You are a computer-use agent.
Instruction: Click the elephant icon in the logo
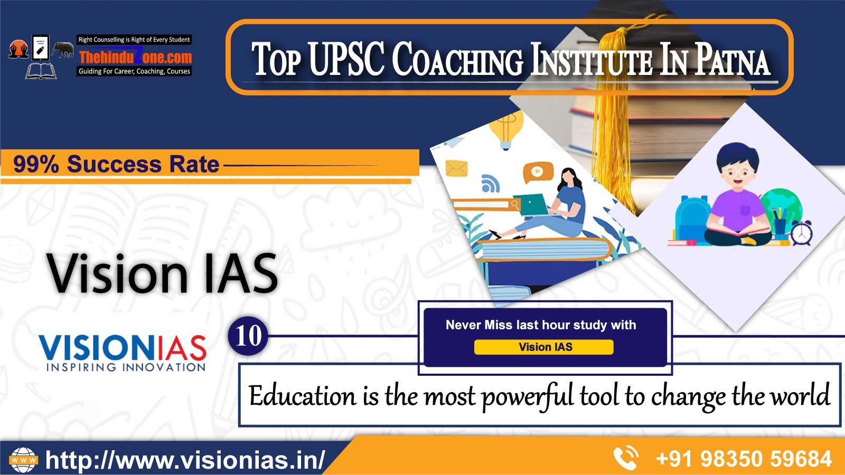pyautogui.click(x=63, y=50)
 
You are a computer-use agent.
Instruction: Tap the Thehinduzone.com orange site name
pyautogui.click(x=135, y=57)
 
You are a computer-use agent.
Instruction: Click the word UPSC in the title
pyautogui.click(x=346, y=59)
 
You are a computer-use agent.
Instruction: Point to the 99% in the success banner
pyautogui.click(x=36, y=165)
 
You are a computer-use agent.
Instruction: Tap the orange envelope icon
pyautogui.click(x=456, y=168)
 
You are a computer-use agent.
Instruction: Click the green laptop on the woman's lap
pyautogui.click(x=530, y=205)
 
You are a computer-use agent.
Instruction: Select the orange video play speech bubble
pyautogui.click(x=538, y=173)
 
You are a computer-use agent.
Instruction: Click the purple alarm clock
pyautogui.click(x=801, y=233)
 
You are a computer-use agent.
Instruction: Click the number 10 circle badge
pyautogui.click(x=248, y=336)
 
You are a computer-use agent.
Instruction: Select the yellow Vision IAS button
pyautogui.click(x=543, y=347)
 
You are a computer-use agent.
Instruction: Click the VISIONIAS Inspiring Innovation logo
pyautogui.click(x=123, y=353)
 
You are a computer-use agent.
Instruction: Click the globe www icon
pyautogui.click(x=23, y=460)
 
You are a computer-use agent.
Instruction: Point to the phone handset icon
pyautogui.click(x=626, y=459)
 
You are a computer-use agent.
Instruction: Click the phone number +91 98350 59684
pyautogui.click(x=744, y=459)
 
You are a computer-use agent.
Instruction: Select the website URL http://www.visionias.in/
pyautogui.click(x=185, y=460)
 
